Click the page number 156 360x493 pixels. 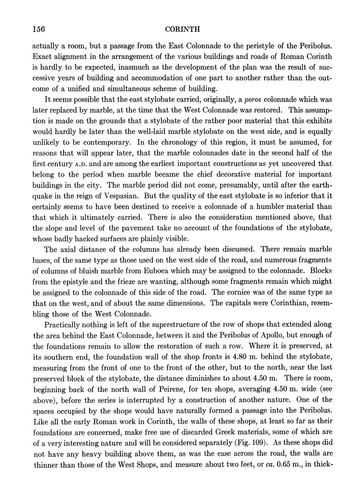click(x=39, y=28)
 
